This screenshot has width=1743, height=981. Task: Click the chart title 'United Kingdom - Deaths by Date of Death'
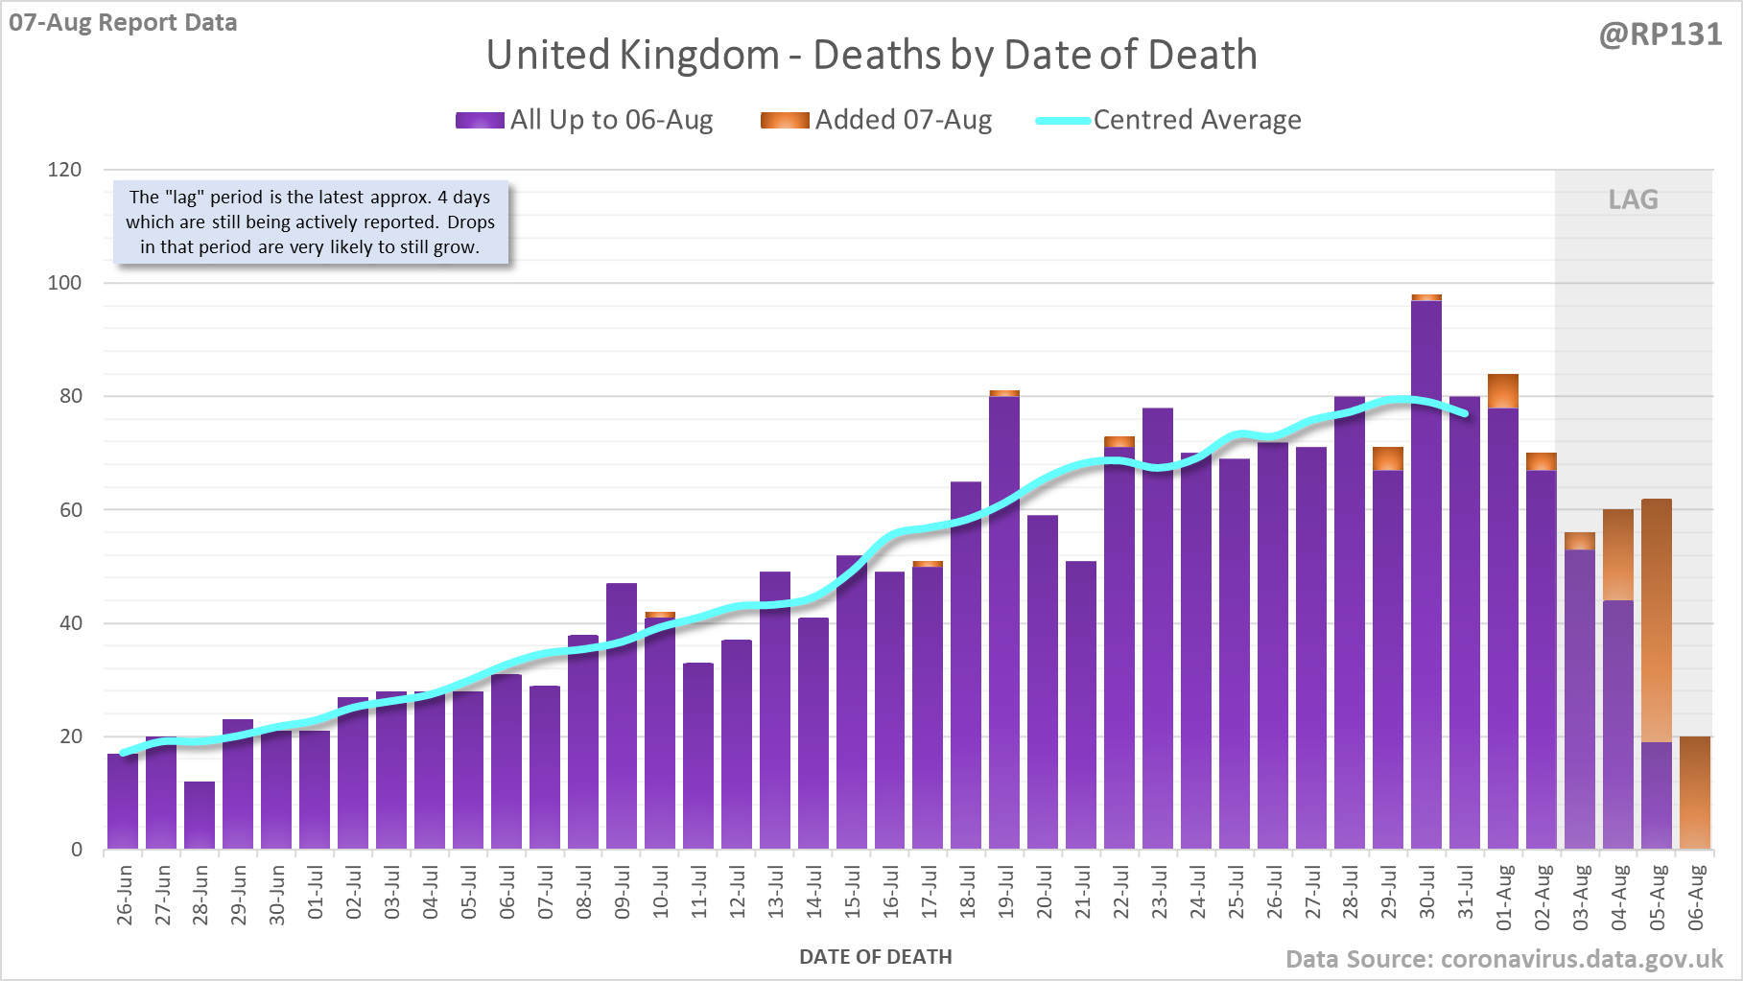pos(871,55)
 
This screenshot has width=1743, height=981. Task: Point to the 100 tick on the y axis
pos(65,283)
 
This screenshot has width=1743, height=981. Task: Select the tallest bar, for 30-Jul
pos(1426,575)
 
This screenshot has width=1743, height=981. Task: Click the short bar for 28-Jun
pos(200,815)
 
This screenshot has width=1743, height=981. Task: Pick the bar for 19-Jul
pos(1004,623)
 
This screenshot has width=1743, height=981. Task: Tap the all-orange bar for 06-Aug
pos(1695,793)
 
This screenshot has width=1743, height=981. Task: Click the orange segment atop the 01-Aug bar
pos(1503,391)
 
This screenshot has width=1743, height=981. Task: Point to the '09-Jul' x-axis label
pos(623,893)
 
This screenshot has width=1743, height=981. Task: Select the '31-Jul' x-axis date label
pos(1466,893)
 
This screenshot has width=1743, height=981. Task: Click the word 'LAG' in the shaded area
pos(1633,199)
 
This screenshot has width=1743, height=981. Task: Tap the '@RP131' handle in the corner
pos(1661,35)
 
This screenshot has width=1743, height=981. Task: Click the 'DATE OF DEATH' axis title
pos(875,957)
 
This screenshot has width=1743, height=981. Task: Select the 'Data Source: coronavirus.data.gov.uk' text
pos(1504,960)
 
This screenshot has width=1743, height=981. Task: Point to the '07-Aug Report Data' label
pos(123,23)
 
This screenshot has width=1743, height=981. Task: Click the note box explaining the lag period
pos(310,222)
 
